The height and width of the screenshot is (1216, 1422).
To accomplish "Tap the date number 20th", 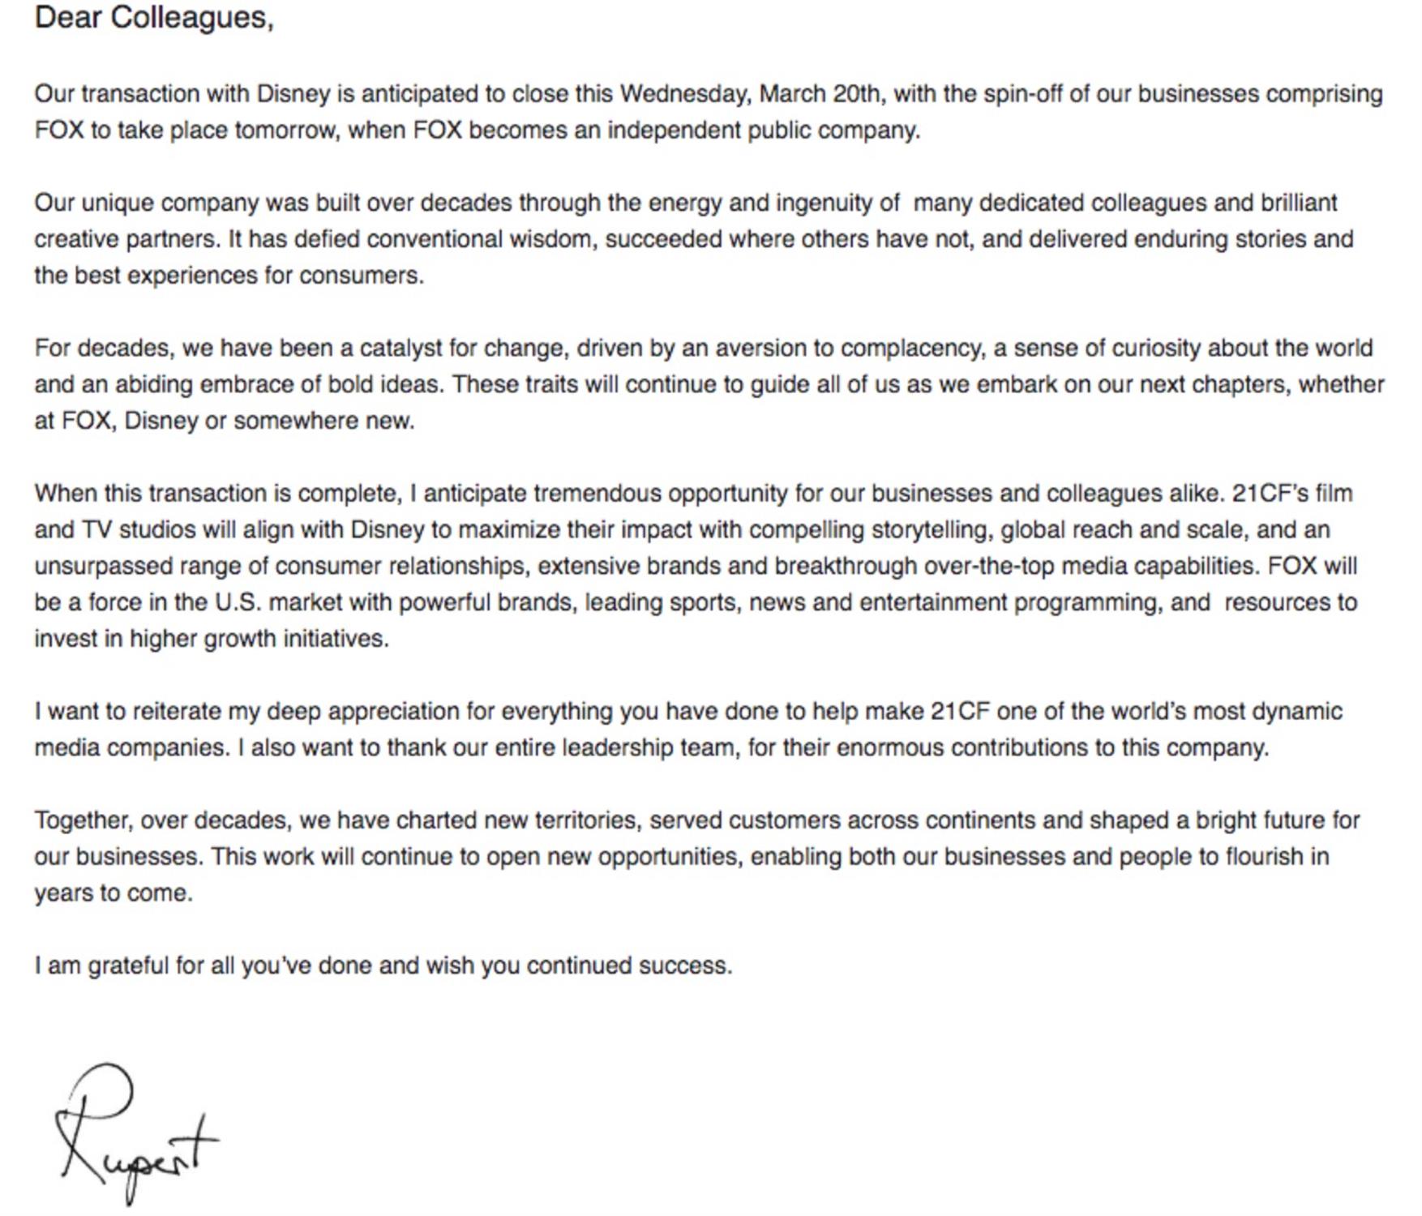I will click(855, 94).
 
